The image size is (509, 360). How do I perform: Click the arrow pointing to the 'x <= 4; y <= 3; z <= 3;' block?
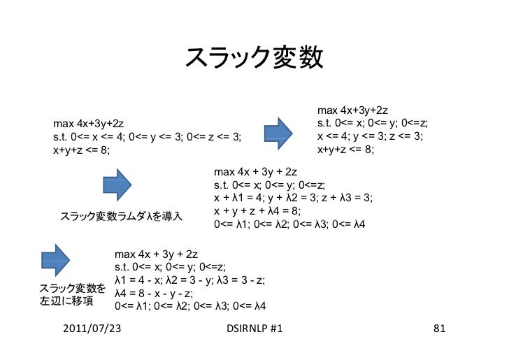click(278, 133)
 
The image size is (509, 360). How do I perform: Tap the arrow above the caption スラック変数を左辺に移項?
click(55, 261)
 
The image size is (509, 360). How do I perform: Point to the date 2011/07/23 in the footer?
click(92, 328)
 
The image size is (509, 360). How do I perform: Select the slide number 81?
click(439, 328)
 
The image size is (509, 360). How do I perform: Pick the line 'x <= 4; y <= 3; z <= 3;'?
click(370, 136)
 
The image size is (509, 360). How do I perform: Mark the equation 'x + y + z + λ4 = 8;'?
click(257, 211)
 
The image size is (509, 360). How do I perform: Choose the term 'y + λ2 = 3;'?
click(293, 198)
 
